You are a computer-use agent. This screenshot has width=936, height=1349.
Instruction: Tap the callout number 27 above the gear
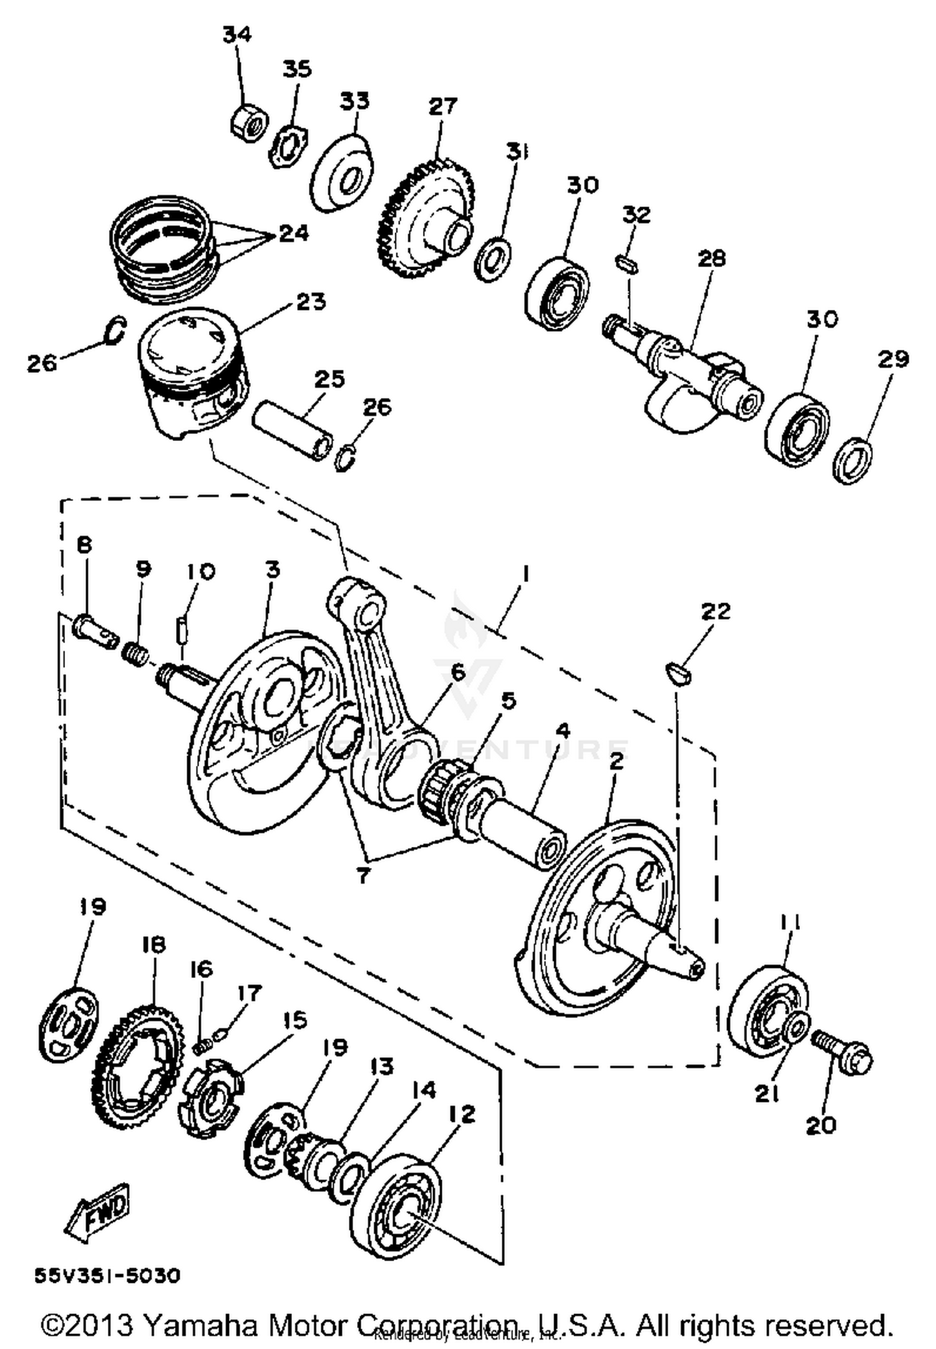(x=442, y=106)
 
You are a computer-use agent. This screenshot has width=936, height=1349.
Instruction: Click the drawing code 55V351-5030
(x=107, y=1277)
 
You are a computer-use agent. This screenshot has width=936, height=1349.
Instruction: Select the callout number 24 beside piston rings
(x=293, y=234)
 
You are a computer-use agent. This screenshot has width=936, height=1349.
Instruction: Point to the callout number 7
(x=363, y=875)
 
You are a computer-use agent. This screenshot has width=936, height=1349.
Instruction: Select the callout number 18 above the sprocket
(x=154, y=944)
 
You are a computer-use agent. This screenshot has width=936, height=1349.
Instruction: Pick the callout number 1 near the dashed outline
(x=525, y=573)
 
